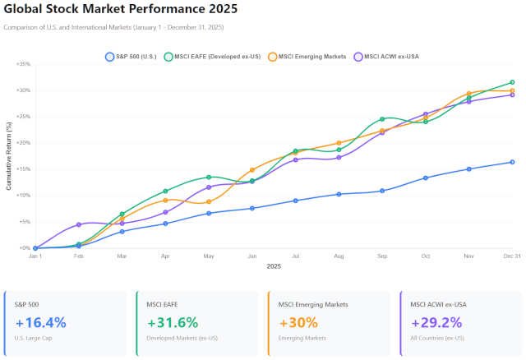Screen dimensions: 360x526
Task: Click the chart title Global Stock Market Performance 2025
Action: (x=120, y=10)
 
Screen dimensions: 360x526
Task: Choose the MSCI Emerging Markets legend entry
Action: (x=306, y=57)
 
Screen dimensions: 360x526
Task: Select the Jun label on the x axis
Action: (x=252, y=256)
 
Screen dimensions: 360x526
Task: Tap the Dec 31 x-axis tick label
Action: (x=511, y=256)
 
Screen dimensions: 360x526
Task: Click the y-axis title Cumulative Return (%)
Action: (x=9, y=156)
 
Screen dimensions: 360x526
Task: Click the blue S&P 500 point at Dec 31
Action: (x=512, y=162)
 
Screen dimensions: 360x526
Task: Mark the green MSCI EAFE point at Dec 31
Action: (x=512, y=82)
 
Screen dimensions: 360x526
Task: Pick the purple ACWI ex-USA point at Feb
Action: (x=79, y=224)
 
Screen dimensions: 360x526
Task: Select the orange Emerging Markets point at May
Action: (x=209, y=201)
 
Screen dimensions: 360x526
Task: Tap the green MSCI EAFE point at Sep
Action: (x=382, y=119)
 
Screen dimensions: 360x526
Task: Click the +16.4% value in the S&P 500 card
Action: (x=40, y=322)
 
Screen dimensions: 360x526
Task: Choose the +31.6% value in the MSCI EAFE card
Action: (x=172, y=322)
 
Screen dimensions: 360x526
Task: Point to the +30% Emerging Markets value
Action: (x=298, y=322)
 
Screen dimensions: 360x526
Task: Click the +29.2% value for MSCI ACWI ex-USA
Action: (x=436, y=322)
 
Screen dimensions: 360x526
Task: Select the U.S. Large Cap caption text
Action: (x=35, y=339)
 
